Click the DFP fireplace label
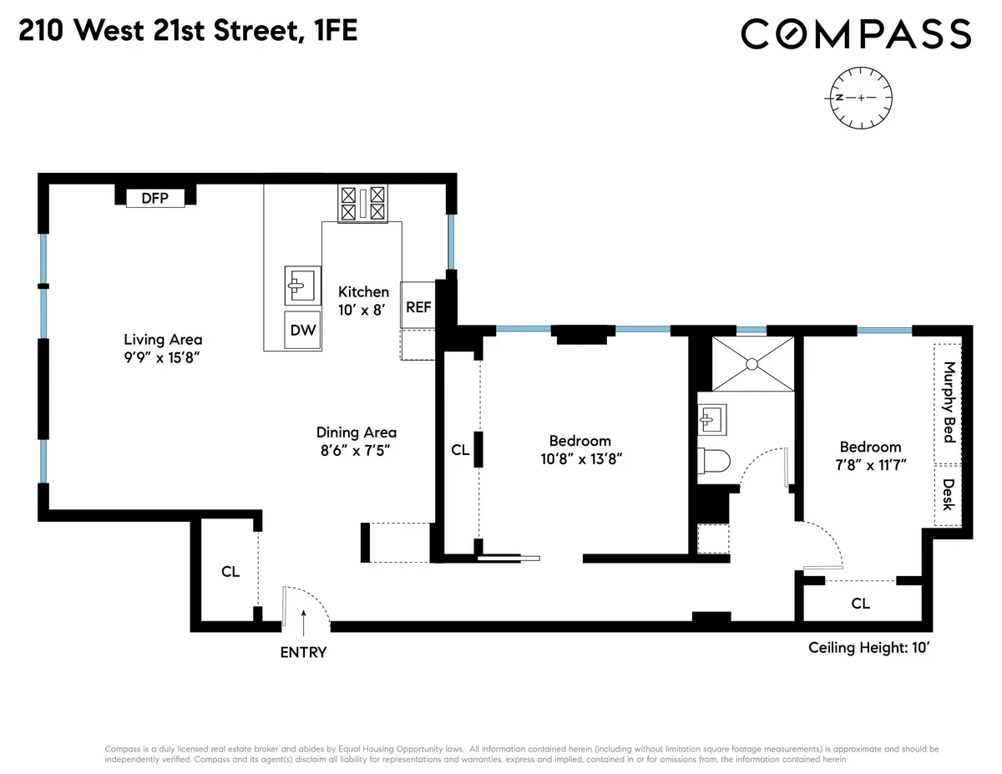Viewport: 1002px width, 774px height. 154,198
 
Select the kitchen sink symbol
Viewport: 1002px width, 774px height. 301,286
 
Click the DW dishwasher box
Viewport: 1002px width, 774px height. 303,330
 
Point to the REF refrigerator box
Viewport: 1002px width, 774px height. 418,306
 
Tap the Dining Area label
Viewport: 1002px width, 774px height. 356,432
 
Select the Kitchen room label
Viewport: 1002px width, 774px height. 363,291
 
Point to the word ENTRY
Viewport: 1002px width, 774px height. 303,652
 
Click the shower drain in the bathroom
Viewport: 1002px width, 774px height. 751,363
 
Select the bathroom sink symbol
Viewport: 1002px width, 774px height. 714,417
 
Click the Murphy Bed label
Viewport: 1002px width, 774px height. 948,402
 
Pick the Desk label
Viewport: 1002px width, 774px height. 948,493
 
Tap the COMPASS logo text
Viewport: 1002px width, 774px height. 856,34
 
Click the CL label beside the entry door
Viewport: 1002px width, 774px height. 230,572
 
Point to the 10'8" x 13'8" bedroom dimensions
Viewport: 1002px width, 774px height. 579,458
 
